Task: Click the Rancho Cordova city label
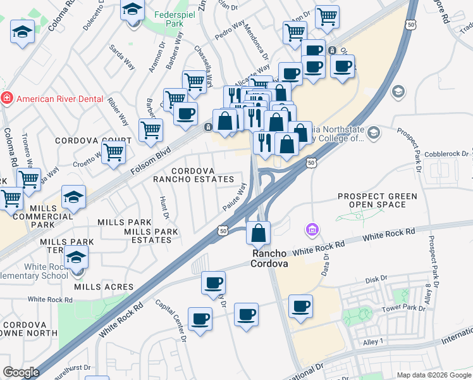tap(271, 258)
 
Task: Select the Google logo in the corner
tap(21, 372)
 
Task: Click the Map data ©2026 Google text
tap(433, 375)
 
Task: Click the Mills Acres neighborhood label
tap(104, 287)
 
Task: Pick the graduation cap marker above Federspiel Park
tap(133, 11)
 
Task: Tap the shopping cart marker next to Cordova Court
tap(114, 152)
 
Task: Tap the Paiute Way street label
tap(234, 197)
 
